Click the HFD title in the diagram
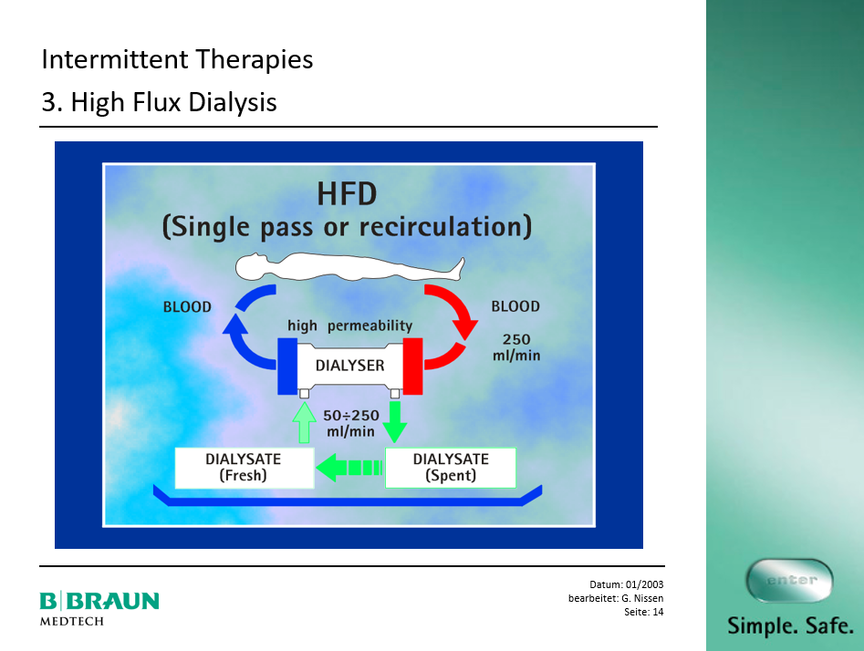[347, 194]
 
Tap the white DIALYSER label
[350, 365]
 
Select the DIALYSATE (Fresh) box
[245, 468]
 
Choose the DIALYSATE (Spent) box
[450, 468]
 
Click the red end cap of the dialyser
[412, 367]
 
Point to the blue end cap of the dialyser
[287, 367]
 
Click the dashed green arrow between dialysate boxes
[349, 468]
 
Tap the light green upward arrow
[304, 422]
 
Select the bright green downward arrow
[394, 422]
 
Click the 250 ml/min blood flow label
[516, 347]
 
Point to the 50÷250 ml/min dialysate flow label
[351, 423]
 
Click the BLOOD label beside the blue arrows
[187, 306]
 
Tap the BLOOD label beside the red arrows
[515, 306]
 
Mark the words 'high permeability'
[350, 325]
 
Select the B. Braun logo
[99, 608]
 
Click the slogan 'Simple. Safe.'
[791, 625]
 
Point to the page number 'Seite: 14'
[643, 612]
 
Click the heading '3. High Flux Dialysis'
[160, 102]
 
